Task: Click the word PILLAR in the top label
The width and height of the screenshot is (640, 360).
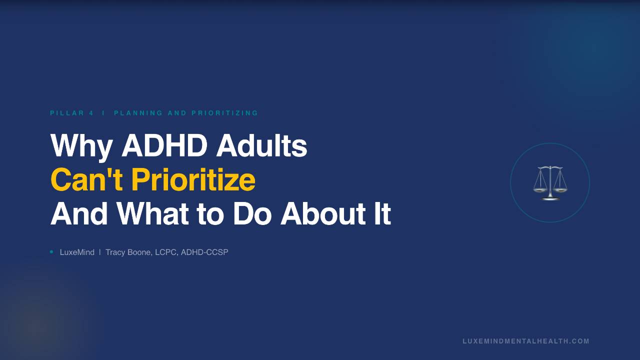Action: click(x=67, y=113)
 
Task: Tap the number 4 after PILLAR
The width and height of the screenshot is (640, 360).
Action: click(x=91, y=113)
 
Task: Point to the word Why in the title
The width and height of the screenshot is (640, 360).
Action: click(x=82, y=146)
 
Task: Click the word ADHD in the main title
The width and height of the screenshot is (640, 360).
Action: click(x=165, y=146)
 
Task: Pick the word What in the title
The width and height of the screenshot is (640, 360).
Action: click(x=153, y=214)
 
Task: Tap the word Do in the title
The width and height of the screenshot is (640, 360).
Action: click(x=252, y=214)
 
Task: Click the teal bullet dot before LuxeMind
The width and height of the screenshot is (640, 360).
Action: click(x=51, y=252)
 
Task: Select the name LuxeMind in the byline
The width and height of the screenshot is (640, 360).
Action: click(x=77, y=252)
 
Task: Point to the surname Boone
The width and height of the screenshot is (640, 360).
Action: click(x=139, y=252)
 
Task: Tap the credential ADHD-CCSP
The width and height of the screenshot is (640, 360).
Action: click(x=204, y=252)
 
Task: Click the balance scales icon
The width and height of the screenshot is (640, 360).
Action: click(x=550, y=183)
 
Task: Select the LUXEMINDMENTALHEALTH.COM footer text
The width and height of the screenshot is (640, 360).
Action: click(x=526, y=341)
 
